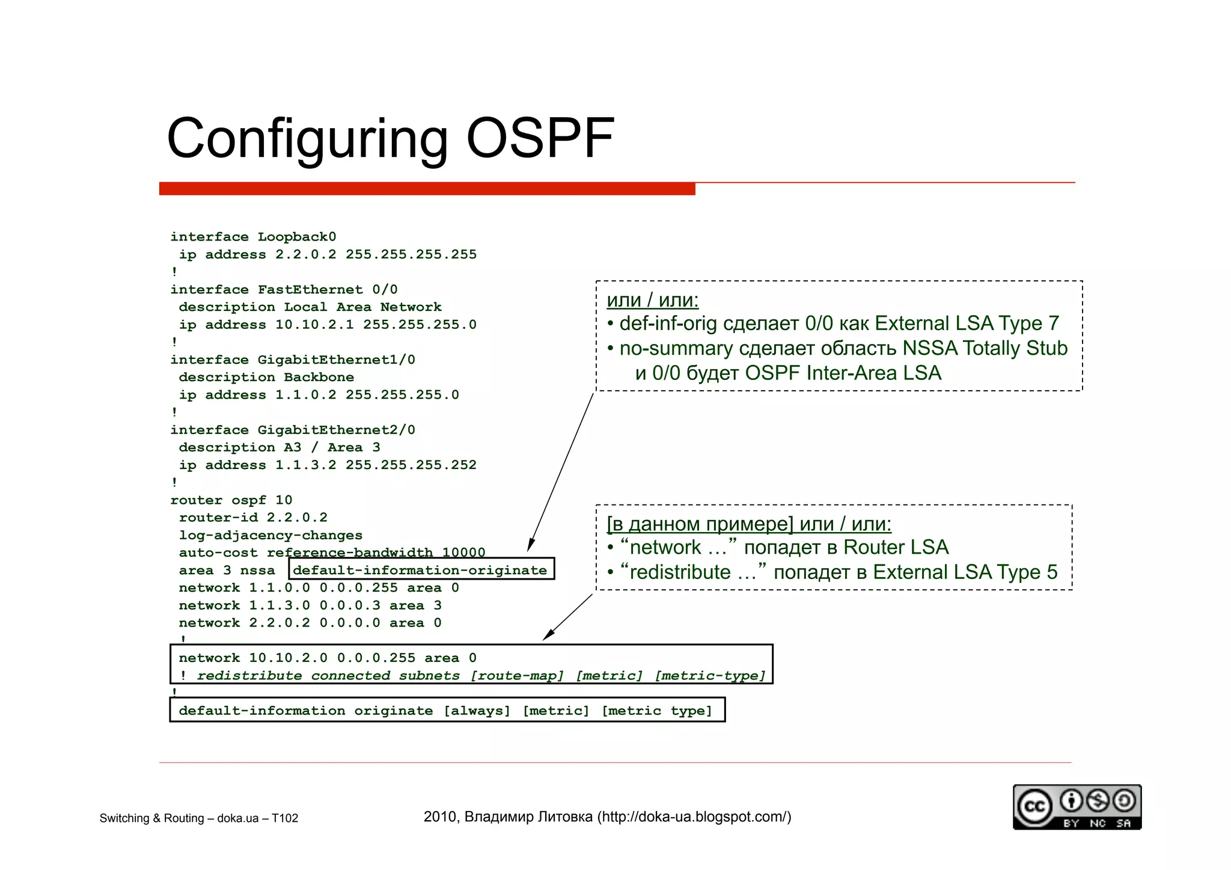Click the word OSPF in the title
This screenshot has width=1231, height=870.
(x=540, y=139)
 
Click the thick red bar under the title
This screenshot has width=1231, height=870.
(x=427, y=189)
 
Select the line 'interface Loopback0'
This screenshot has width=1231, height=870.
(x=253, y=237)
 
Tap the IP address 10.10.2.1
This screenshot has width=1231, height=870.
(x=314, y=325)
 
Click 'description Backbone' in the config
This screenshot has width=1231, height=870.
(x=266, y=378)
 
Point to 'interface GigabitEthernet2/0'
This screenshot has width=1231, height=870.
(x=293, y=430)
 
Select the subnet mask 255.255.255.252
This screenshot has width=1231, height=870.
(x=411, y=465)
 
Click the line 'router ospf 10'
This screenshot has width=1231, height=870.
(x=231, y=500)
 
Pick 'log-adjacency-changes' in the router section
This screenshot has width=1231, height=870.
(x=270, y=535)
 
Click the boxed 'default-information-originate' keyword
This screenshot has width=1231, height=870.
(x=420, y=570)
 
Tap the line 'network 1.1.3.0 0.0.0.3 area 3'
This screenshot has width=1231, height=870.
(x=310, y=605)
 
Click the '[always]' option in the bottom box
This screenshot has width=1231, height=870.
(x=477, y=711)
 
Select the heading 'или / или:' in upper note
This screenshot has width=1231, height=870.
(x=653, y=299)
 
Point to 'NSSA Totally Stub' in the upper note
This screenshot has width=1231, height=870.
(x=985, y=348)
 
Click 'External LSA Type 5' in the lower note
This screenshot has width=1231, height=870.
(x=965, y=572)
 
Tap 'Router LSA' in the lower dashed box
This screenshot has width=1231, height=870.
(x=896, y=547)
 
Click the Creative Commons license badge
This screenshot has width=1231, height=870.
(x=1077, y=807)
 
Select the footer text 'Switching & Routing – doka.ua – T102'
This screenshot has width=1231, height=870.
(x=198, y=818)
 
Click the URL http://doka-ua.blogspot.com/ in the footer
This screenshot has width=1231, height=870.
(x=694, y=817)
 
